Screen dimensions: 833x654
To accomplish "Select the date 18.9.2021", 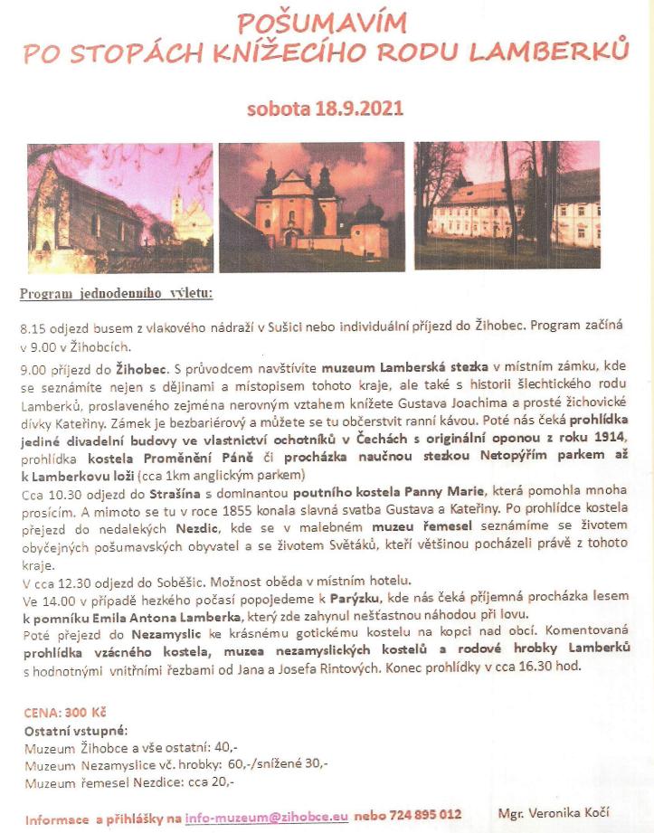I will [353, 109].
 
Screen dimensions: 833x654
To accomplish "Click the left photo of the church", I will [119, 207].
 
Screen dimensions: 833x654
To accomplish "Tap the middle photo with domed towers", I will [313, 207].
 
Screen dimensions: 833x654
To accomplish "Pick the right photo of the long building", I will [507, 205].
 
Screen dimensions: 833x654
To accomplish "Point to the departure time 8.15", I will [32, 327].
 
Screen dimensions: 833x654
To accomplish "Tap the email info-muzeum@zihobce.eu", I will [267, 815].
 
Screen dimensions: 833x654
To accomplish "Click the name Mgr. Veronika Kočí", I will [554, 812].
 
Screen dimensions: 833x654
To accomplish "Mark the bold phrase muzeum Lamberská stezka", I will [419, 367].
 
